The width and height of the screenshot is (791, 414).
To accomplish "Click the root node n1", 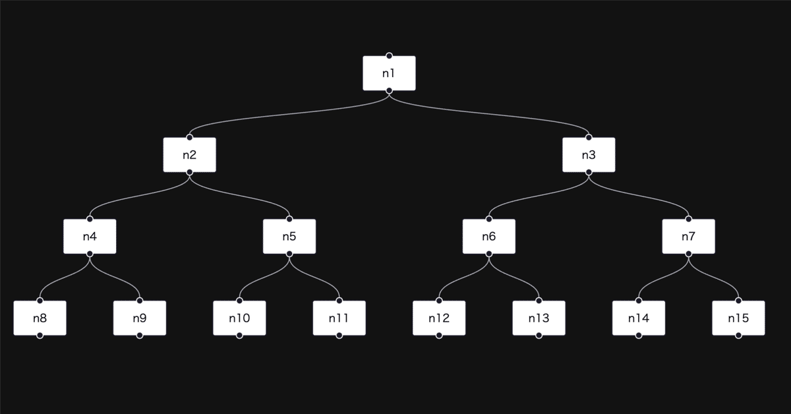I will point(389,73).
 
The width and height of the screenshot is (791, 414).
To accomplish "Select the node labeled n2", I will point(190,155).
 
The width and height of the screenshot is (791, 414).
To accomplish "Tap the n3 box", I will point(589,155).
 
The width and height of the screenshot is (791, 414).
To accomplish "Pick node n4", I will point(90,236).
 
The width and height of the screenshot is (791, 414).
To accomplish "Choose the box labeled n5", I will point(289,236).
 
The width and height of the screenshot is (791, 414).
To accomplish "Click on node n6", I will point(488,236).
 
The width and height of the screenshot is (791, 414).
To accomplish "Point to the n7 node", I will point(688,236).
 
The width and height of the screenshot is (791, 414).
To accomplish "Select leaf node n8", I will point(40,318).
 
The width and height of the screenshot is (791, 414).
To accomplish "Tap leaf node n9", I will point(140,318).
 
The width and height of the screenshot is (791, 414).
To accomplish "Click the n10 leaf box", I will point(239,318).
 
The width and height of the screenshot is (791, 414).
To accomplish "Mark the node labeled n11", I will point(339,318).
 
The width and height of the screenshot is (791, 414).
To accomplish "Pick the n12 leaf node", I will point(439,318).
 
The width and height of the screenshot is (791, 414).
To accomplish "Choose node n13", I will point(539,318).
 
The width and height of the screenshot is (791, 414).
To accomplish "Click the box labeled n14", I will point(638,318).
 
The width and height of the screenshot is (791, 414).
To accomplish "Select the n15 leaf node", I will point(738,318).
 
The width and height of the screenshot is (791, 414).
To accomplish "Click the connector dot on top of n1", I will point(389,56).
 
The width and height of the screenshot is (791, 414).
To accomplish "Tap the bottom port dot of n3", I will point(589,172).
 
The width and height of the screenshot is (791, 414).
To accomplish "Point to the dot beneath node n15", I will point(738,336).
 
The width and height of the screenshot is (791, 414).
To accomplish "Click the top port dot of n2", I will point(190,138).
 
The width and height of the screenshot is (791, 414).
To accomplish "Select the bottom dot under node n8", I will point(40,336).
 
